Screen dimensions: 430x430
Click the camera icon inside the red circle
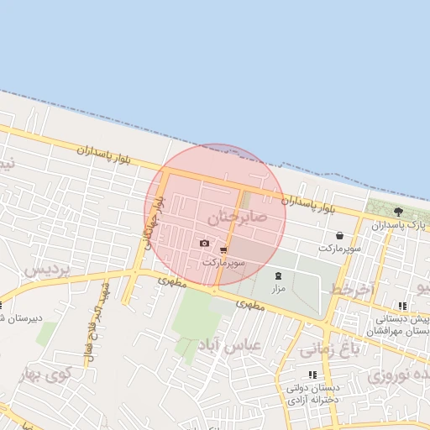click(205, 244)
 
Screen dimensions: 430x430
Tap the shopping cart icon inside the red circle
click(223, 250)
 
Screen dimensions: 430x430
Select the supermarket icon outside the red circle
click(339, 236)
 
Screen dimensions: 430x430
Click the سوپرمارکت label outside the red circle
click(339, 249)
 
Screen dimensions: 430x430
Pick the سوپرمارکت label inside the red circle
click(223, 263)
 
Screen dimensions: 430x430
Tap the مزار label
click(279, 288)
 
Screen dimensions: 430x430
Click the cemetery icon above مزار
click(279, 275)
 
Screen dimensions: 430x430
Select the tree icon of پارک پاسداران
click(397, 212)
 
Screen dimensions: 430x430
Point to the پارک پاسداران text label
click(400, 226)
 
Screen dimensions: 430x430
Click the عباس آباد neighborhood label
click(229, 344)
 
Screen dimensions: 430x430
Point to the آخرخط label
click(351, 289)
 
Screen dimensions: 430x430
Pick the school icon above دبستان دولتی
click(313, 375)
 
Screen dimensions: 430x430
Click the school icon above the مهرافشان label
click(403, 306)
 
